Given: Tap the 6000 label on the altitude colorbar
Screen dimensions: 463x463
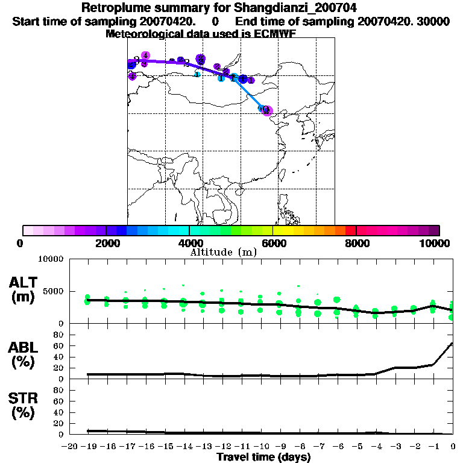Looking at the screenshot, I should point(272,243).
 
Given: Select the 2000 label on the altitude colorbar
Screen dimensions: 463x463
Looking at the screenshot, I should point(106,243).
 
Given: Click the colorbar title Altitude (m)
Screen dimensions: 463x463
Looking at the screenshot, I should point(223,252).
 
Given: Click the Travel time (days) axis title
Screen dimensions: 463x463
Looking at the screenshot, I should point(263,458).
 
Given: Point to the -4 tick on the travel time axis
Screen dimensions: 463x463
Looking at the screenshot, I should point(376,446).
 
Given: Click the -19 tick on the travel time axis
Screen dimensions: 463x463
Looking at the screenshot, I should point(87,446).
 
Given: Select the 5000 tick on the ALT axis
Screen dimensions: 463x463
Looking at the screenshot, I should point(54,292).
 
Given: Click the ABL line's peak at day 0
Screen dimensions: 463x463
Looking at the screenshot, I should point(452,344).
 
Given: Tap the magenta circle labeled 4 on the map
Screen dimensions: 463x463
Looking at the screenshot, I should point(145,55).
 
